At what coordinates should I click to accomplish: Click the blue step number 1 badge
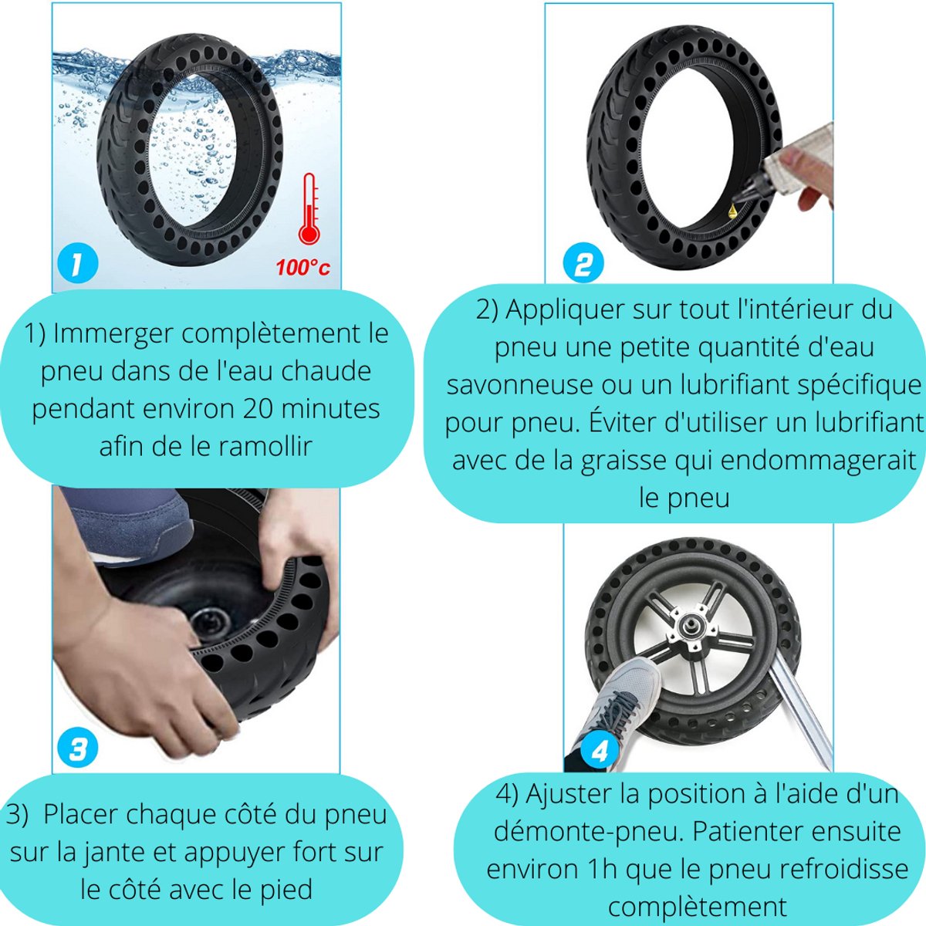point(78,264)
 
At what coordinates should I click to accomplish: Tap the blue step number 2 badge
point(583,264)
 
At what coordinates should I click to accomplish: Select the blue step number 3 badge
point(78,749)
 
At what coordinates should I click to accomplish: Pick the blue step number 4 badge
point(600,751)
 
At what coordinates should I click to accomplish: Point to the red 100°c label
point(302,268)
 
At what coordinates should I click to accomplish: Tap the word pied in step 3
point(286,889)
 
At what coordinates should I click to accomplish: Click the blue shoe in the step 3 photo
point(131,521)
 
